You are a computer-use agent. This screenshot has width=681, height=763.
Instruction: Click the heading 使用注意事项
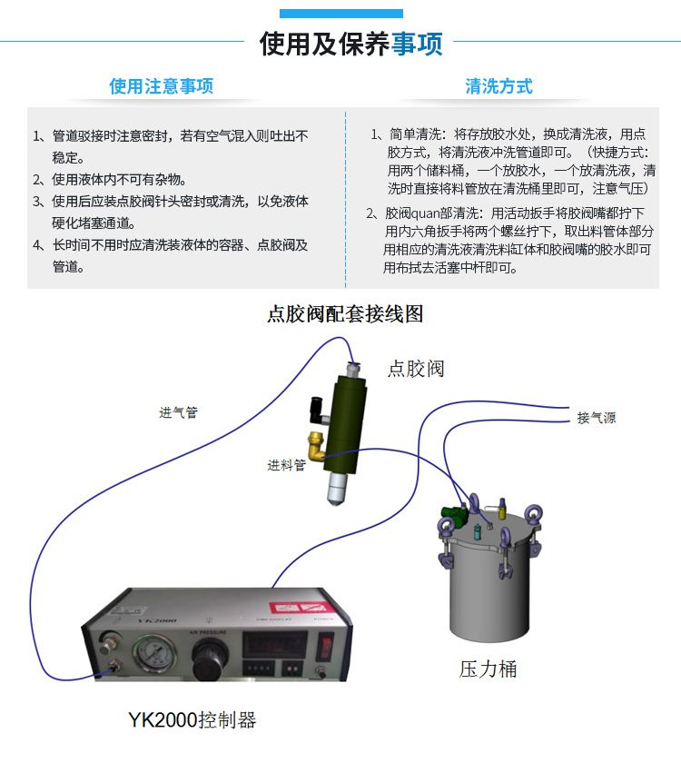tap(162, 87)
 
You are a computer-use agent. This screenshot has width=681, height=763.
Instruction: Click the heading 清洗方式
tap(498, 87)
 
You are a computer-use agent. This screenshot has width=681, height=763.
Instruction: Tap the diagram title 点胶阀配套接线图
tap(345, 314)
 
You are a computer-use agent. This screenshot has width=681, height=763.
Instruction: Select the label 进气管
tap(178, 412)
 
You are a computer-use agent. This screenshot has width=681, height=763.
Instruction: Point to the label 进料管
tap(286, 465)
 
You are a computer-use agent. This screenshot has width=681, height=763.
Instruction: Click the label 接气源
tap(596, 418)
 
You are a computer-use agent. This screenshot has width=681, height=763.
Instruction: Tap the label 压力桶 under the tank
tap(488, 669)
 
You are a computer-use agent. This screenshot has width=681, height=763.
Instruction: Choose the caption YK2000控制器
tap(192, 720)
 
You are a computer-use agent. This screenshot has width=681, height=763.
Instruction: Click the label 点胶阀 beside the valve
tap(416, 368)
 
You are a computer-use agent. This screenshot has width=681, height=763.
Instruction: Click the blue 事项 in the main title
tap(417, 45)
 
